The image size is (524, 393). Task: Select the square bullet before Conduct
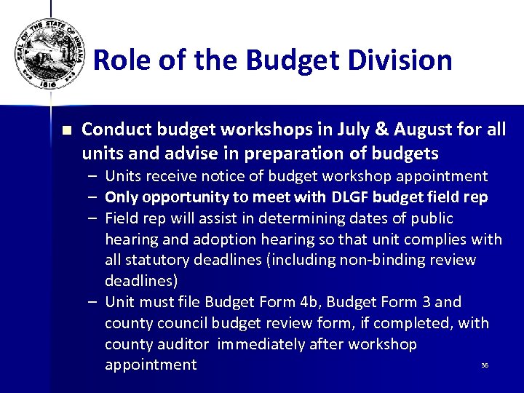67,132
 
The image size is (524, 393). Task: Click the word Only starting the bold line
122,197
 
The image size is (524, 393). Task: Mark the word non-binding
386,260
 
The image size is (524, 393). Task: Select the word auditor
187,344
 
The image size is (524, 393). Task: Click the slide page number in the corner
484,365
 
